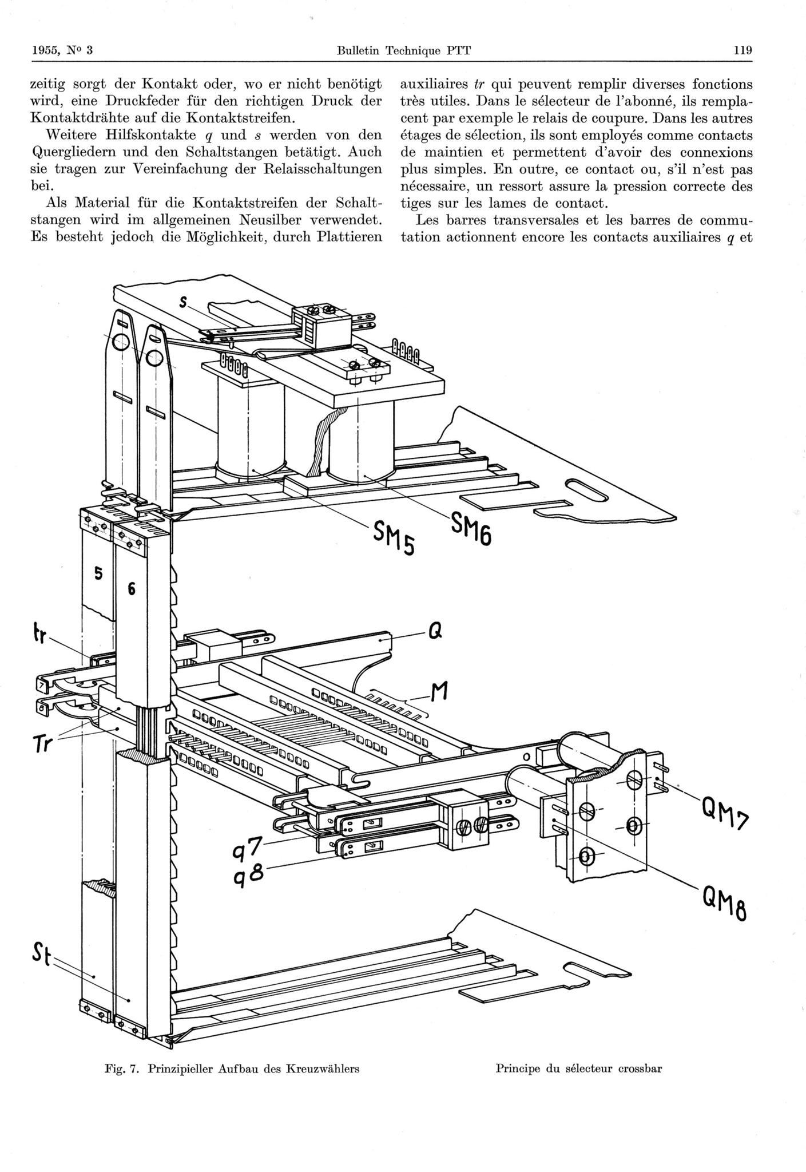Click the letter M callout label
click(x=438, y=695)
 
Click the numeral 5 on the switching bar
click(x=98, y=574)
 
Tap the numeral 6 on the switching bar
click(x=131, y=589)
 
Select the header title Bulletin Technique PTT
click(x=404, y=50)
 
